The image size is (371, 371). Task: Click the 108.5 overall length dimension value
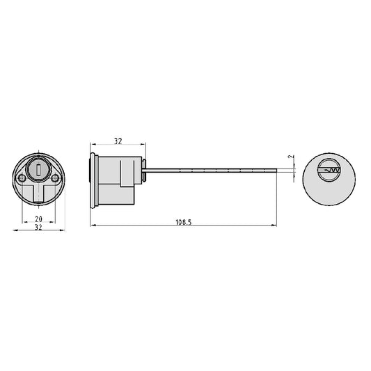[x=183, y=222]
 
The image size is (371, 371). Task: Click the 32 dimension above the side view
[x=118, y=141]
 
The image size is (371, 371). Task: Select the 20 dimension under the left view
[x=38, y=219]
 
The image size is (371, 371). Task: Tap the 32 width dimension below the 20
[x=38, y=227]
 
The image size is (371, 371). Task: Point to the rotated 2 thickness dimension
[x=291, y=157]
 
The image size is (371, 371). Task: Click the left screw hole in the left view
[x=22, y=177]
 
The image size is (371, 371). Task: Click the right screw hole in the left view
[x=55, y=177]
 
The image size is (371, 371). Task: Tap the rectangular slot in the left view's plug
[x=38, y=169]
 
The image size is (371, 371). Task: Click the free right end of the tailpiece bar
[x=276, y=171]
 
